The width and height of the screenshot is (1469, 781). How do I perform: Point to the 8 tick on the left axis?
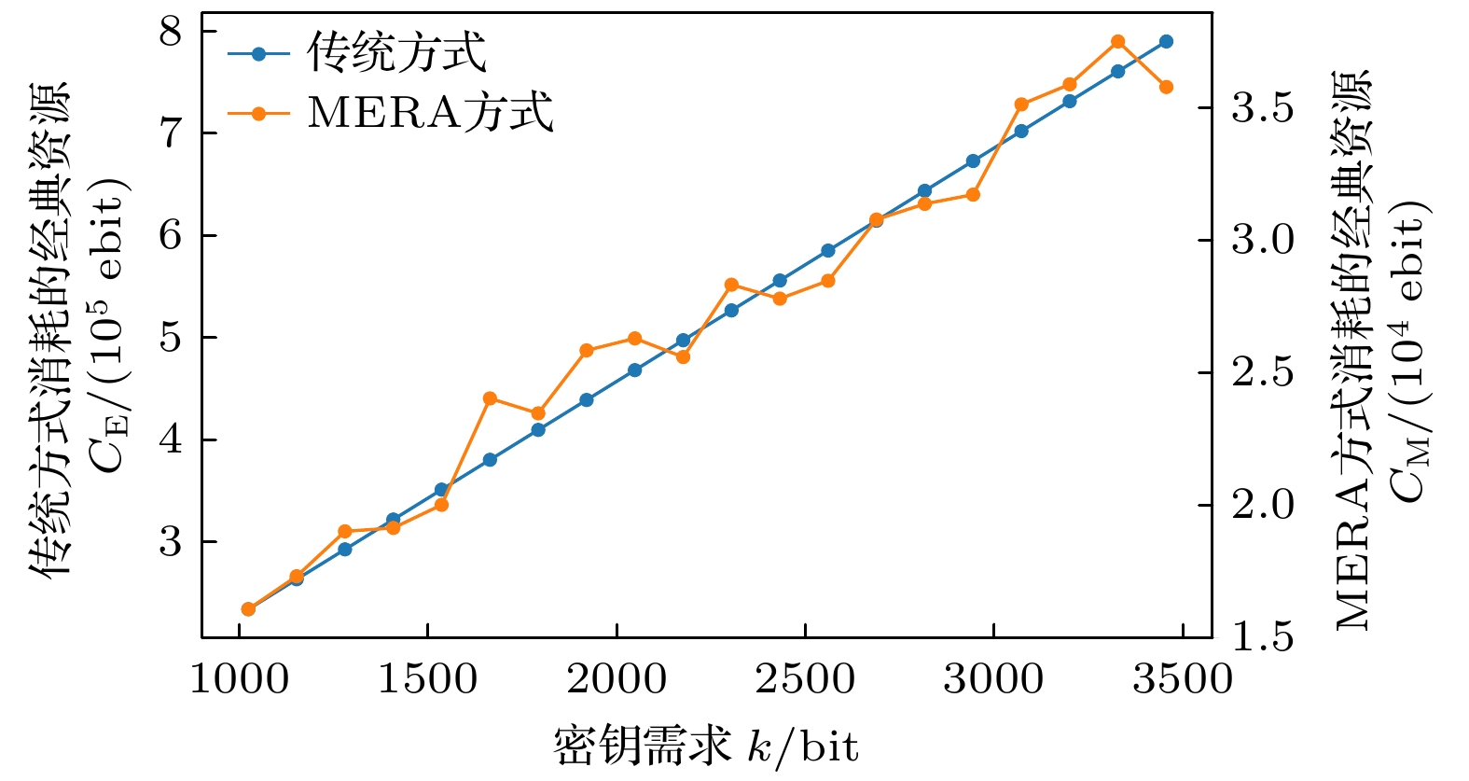click(x=171, y=33)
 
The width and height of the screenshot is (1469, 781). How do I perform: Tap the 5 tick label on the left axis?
click(x=171, y=338)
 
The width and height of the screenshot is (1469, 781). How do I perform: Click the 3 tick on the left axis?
click(x=171, y=542)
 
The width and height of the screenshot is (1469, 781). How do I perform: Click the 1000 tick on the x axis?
click(x=240, y=678)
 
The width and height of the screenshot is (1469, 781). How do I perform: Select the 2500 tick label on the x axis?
click(x=805, y=678)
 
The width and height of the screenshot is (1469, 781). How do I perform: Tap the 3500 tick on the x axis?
click(x=1183, y=678)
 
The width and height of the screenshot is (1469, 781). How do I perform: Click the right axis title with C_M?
click(x=1382, y=350)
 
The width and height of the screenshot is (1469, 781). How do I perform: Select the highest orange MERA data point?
click(x=1117, y=42)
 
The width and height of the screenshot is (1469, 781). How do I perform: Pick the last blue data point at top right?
click(x=1166, y=42)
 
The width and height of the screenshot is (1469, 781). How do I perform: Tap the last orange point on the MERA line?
click(x=1166, y=87)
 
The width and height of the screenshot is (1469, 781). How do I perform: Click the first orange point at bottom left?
click(x=248, y=609)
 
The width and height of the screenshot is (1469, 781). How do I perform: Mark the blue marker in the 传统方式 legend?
click(x=258, y=54)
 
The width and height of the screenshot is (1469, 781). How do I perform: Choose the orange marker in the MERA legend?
click(x=258, y=114)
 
